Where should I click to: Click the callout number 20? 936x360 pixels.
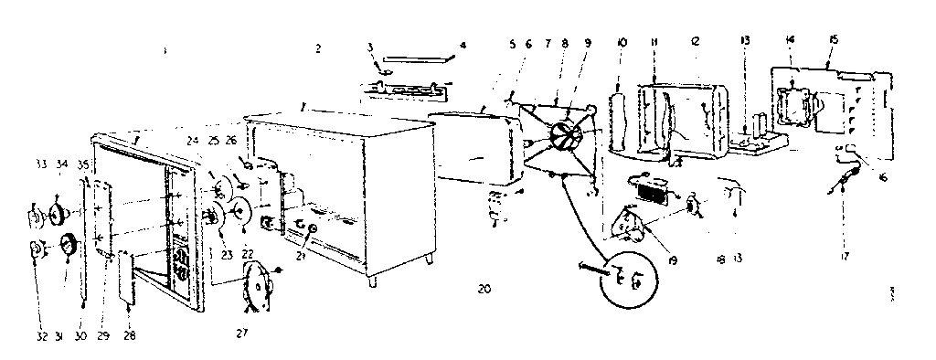484,289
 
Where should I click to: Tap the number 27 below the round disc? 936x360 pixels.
242,334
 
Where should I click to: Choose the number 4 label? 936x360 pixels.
463,43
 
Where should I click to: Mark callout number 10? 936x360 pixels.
621,43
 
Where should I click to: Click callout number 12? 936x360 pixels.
697,43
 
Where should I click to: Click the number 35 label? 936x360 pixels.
83,165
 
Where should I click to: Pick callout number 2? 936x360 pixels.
318,48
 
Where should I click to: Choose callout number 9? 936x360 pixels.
588,43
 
